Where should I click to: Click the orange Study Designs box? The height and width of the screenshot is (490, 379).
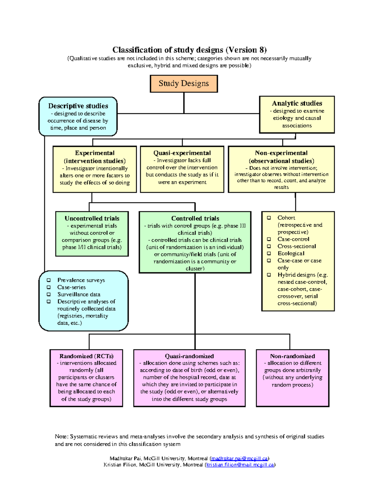(184, 84)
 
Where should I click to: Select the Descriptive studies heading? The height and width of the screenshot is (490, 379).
(78, 106)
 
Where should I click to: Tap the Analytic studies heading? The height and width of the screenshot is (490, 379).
(297, 103)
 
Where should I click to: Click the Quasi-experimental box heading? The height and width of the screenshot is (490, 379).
(182, 153)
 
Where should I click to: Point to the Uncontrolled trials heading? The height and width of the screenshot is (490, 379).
(92, 218)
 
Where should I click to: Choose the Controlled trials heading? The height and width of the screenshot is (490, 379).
(195, 218)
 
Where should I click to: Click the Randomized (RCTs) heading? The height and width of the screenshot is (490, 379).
(86, 356)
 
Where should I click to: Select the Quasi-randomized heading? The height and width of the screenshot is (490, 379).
(189, 356)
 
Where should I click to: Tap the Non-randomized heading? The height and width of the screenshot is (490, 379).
(292, 356)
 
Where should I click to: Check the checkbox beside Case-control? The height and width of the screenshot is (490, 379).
(269, 239)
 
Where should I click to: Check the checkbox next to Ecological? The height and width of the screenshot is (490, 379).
(269, 253)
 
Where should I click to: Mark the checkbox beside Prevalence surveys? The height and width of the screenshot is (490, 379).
(49, 280)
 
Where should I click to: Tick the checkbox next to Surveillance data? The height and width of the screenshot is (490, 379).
(49, 294)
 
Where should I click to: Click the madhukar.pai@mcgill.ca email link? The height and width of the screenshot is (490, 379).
(239, 458)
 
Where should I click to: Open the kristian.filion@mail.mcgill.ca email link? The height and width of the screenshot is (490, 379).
(240, 465)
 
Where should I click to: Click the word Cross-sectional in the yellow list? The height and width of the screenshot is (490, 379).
(297, 246)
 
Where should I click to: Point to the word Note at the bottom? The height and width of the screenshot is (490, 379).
(61, 437)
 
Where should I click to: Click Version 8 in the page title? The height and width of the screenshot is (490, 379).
(246, 50)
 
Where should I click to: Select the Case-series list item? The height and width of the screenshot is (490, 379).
(71, 287)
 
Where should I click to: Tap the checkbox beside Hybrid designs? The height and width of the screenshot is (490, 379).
(269, 275)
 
